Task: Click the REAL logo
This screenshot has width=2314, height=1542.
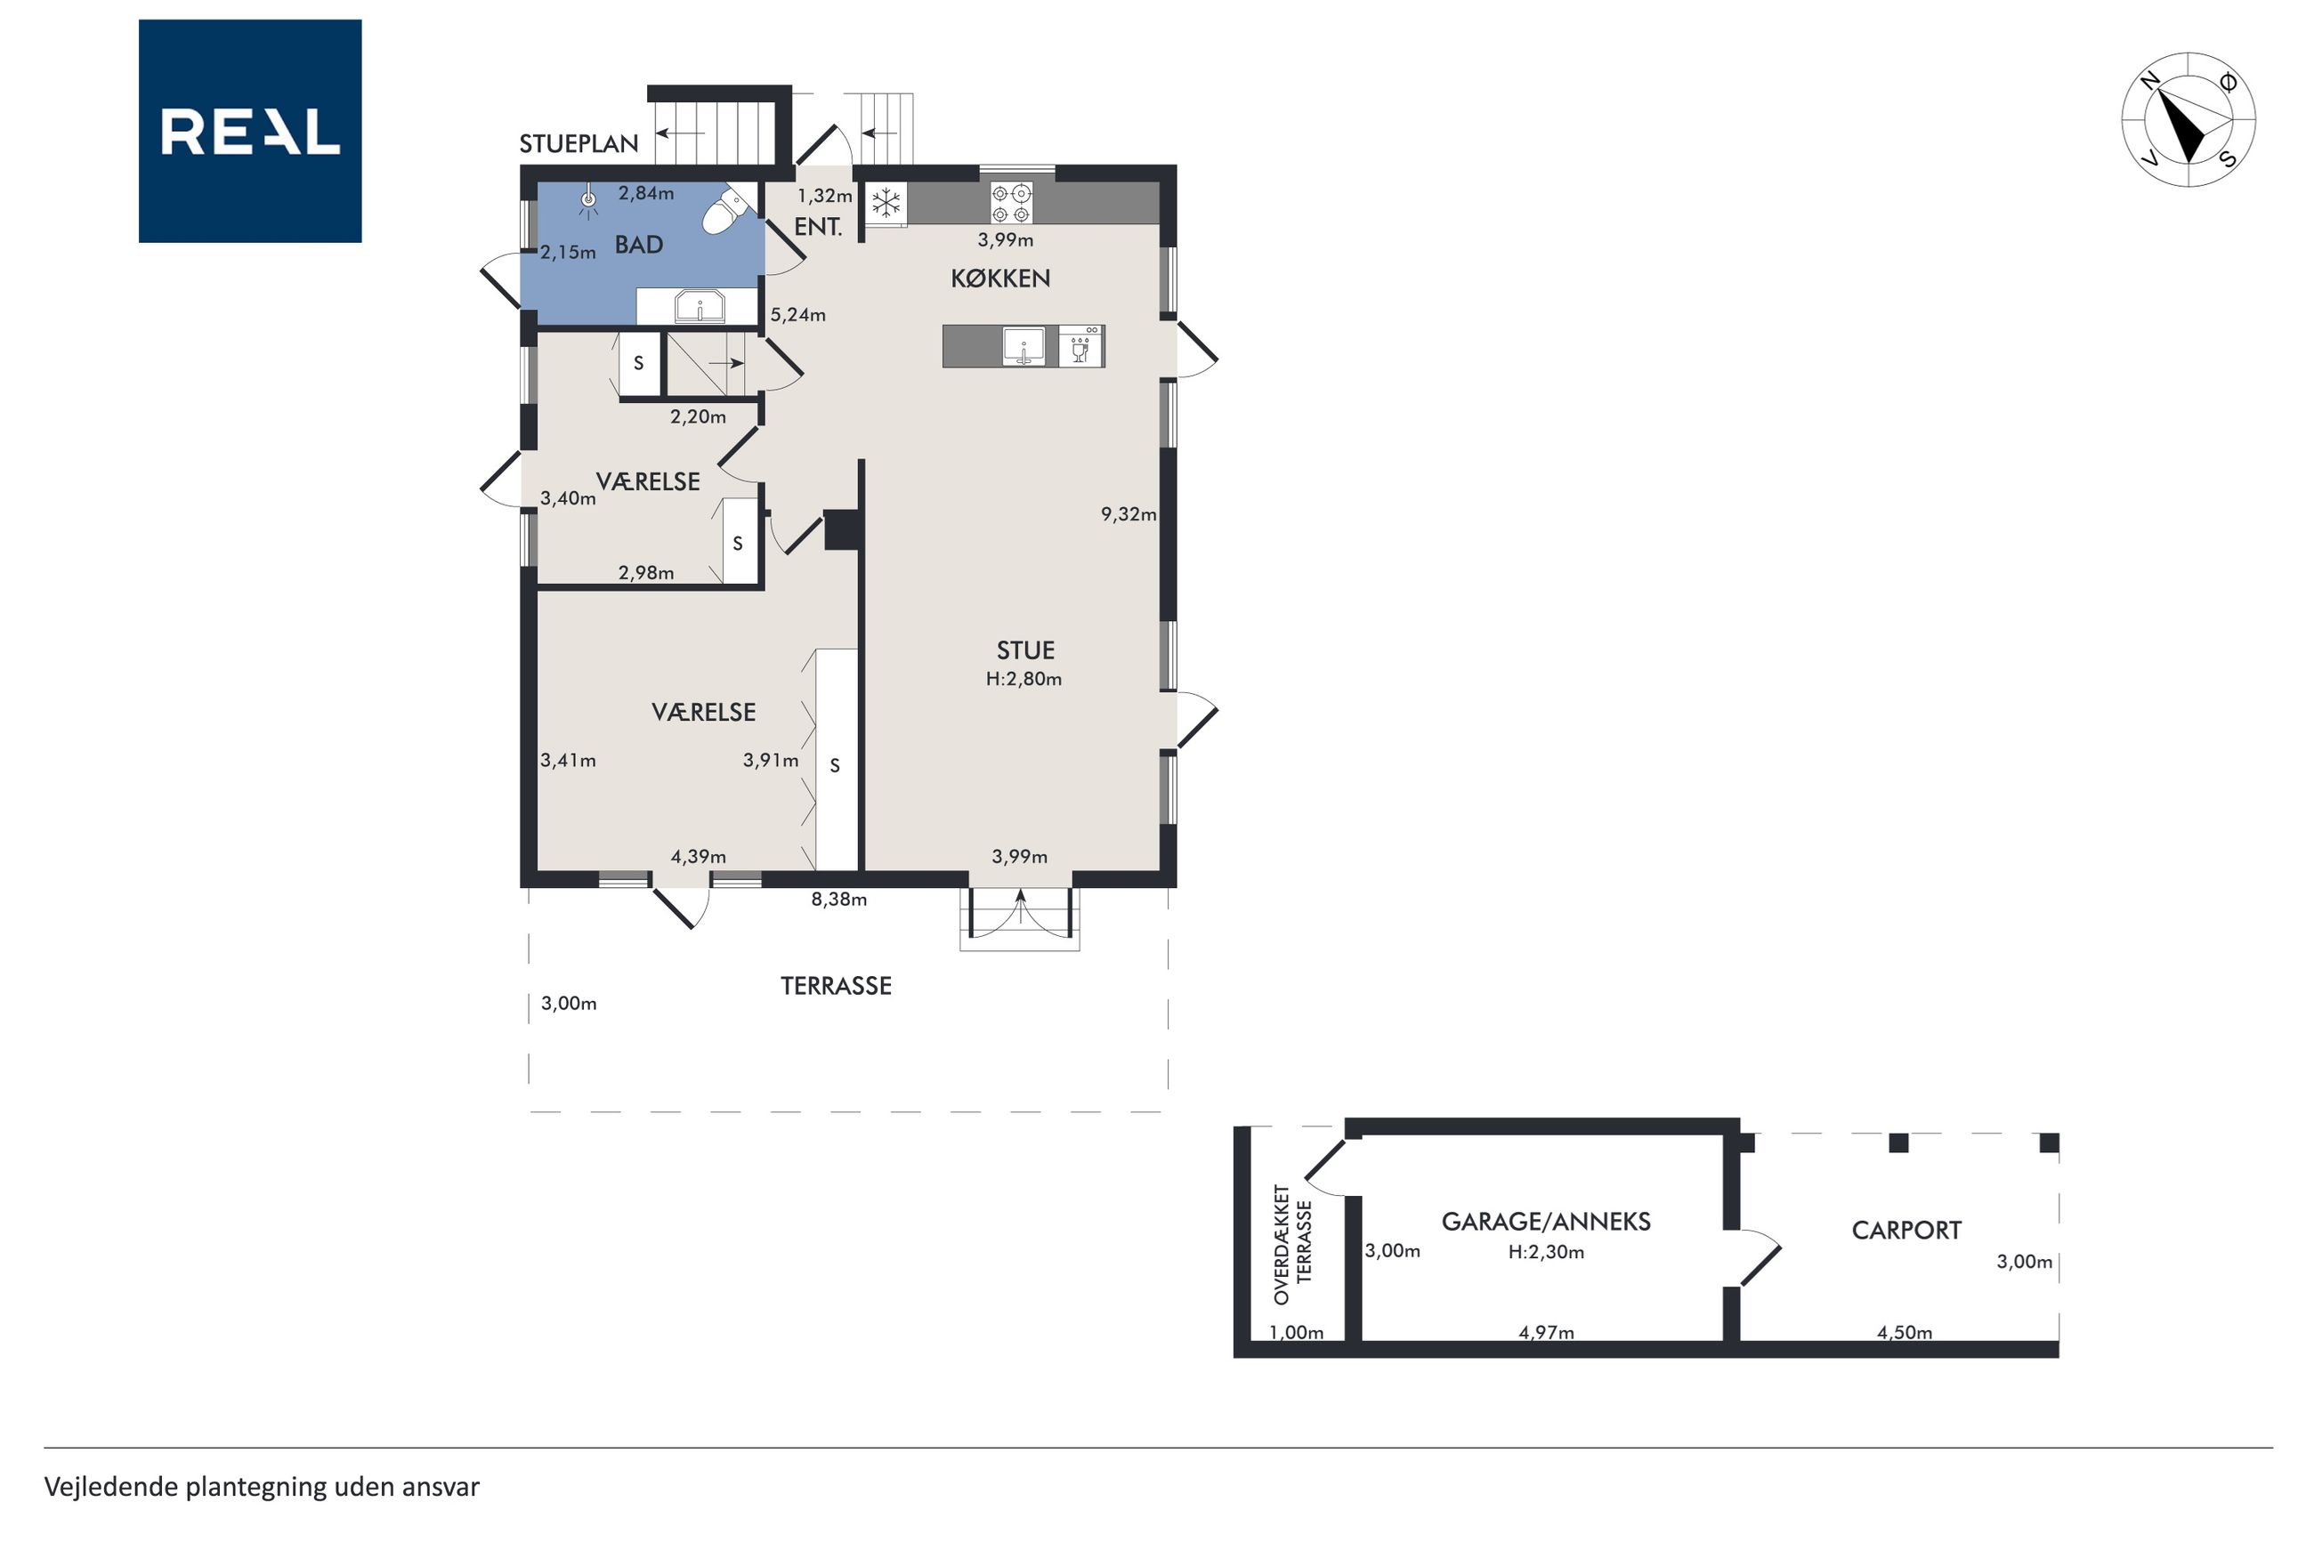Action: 250,131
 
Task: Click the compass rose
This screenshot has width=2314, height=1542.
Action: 2189,120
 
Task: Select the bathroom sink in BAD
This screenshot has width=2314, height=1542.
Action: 700,306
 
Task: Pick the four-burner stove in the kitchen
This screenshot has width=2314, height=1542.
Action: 1011,204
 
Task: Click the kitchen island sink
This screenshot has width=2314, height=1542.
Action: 1023,346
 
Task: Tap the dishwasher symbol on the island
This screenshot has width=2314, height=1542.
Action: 1081,346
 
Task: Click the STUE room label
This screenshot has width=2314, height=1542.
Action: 1024,650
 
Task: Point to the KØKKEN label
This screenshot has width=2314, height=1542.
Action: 1000,279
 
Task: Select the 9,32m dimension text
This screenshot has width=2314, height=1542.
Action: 1128,513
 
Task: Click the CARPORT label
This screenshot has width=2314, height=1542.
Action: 1905,1231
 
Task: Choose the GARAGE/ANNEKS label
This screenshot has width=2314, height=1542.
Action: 1546,1222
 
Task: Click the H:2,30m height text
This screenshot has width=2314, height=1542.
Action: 1546,1252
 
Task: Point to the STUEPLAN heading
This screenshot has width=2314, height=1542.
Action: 578,143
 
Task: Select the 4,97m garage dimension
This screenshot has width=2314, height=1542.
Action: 1546,1333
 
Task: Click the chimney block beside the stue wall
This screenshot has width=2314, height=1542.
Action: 841,529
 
